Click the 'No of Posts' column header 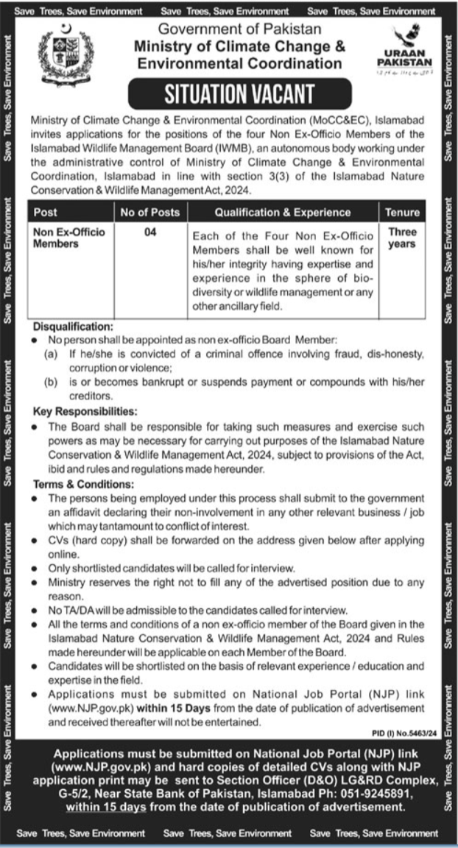coord(149,213)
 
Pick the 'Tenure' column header coord(402,213)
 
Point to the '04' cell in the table coord(149,232)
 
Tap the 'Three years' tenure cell coord(402,238)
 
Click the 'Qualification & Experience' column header coord(283,213)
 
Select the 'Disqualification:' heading coord(73,325)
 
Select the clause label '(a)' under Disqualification coord(51,354)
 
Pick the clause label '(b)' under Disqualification coord(51,382)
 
